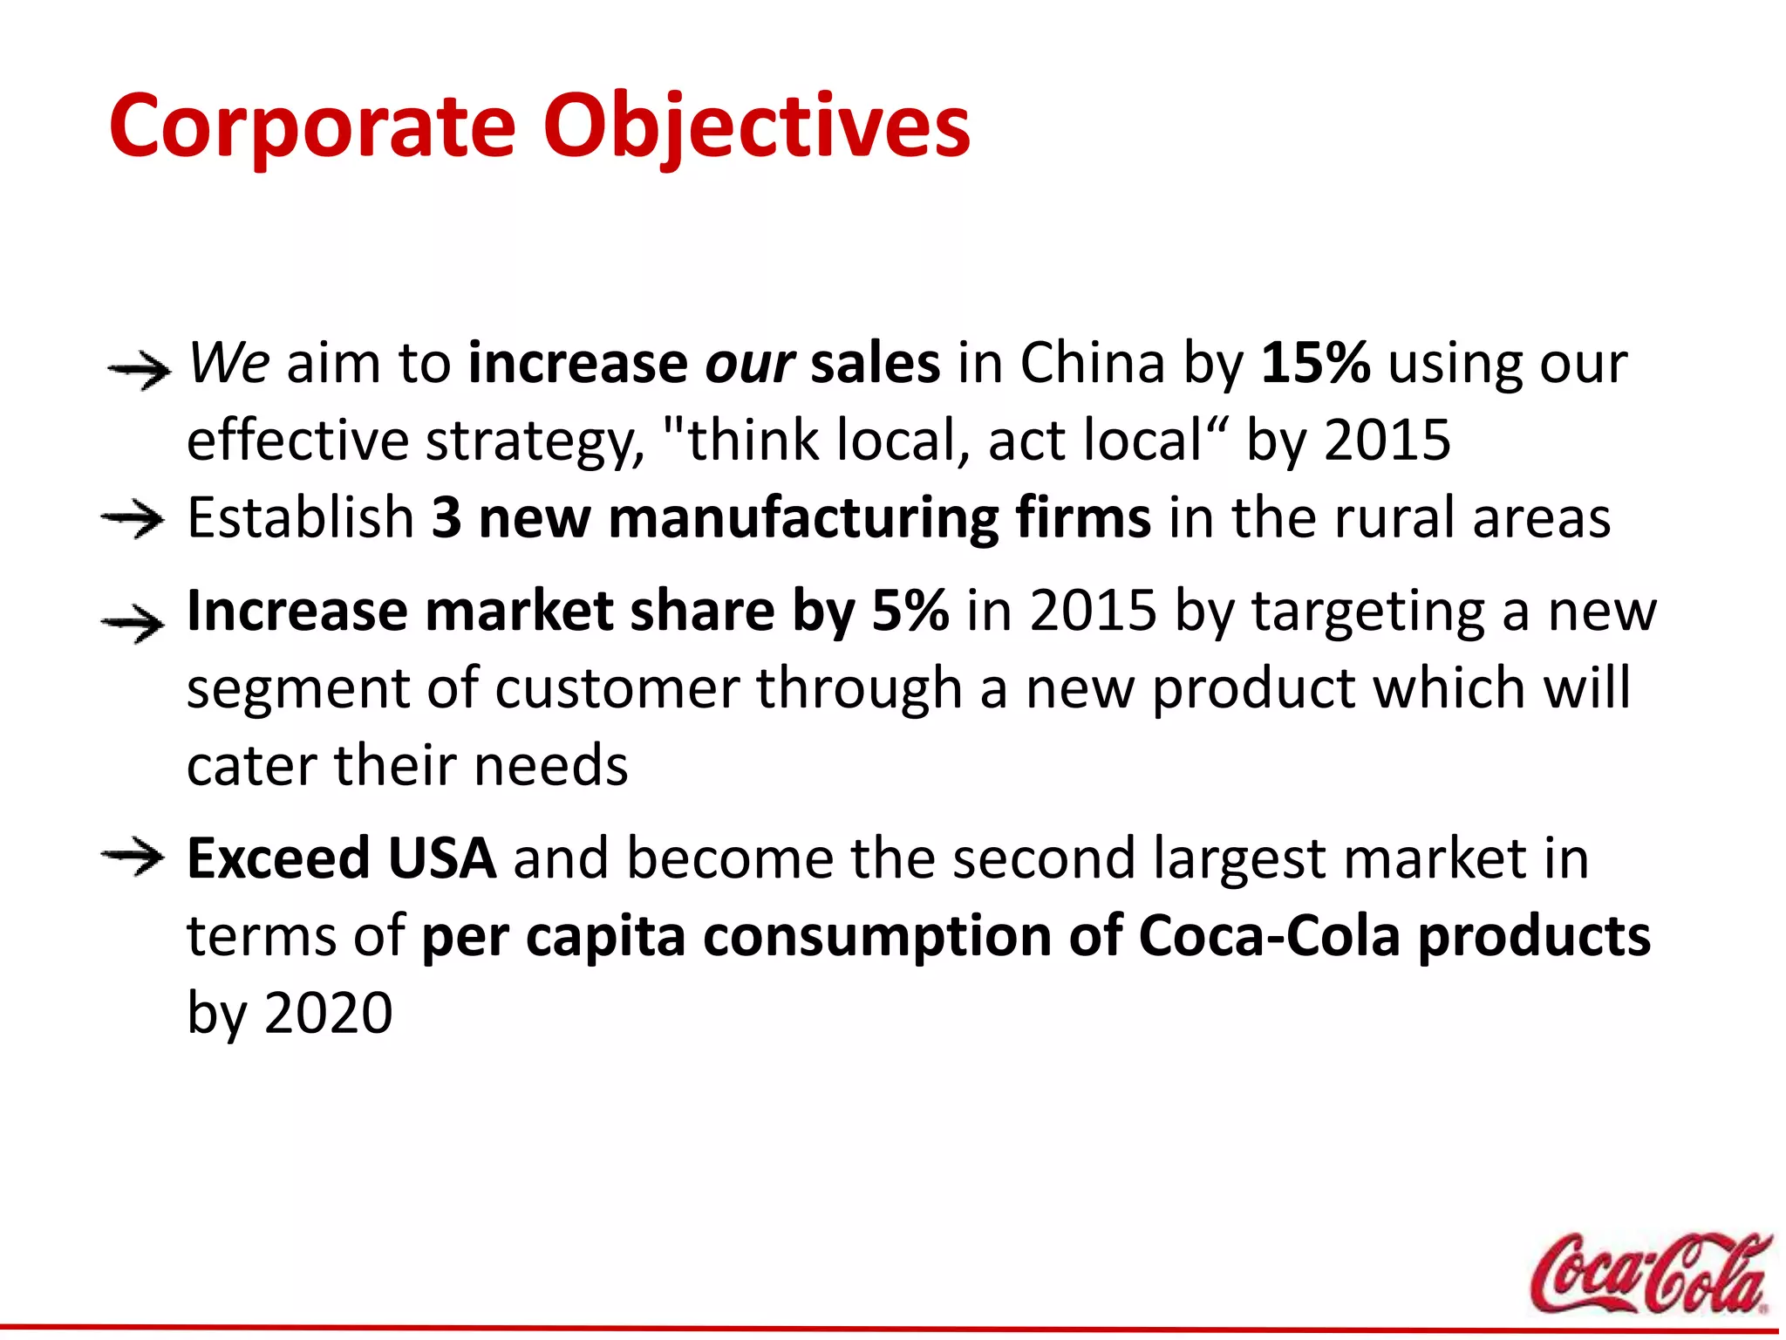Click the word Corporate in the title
(x=312, y=126)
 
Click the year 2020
(x=328, y=1013)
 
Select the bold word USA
(x=442, y=858)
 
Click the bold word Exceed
(x=279, y=858)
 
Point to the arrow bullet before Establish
(x=133, y=521)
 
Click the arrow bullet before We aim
(x=139, y=371)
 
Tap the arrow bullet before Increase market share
(x=133, y=624)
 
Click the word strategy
(x=534, y=441)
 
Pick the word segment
(x=297, y=689)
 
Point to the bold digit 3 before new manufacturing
(x=446, y=518)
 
